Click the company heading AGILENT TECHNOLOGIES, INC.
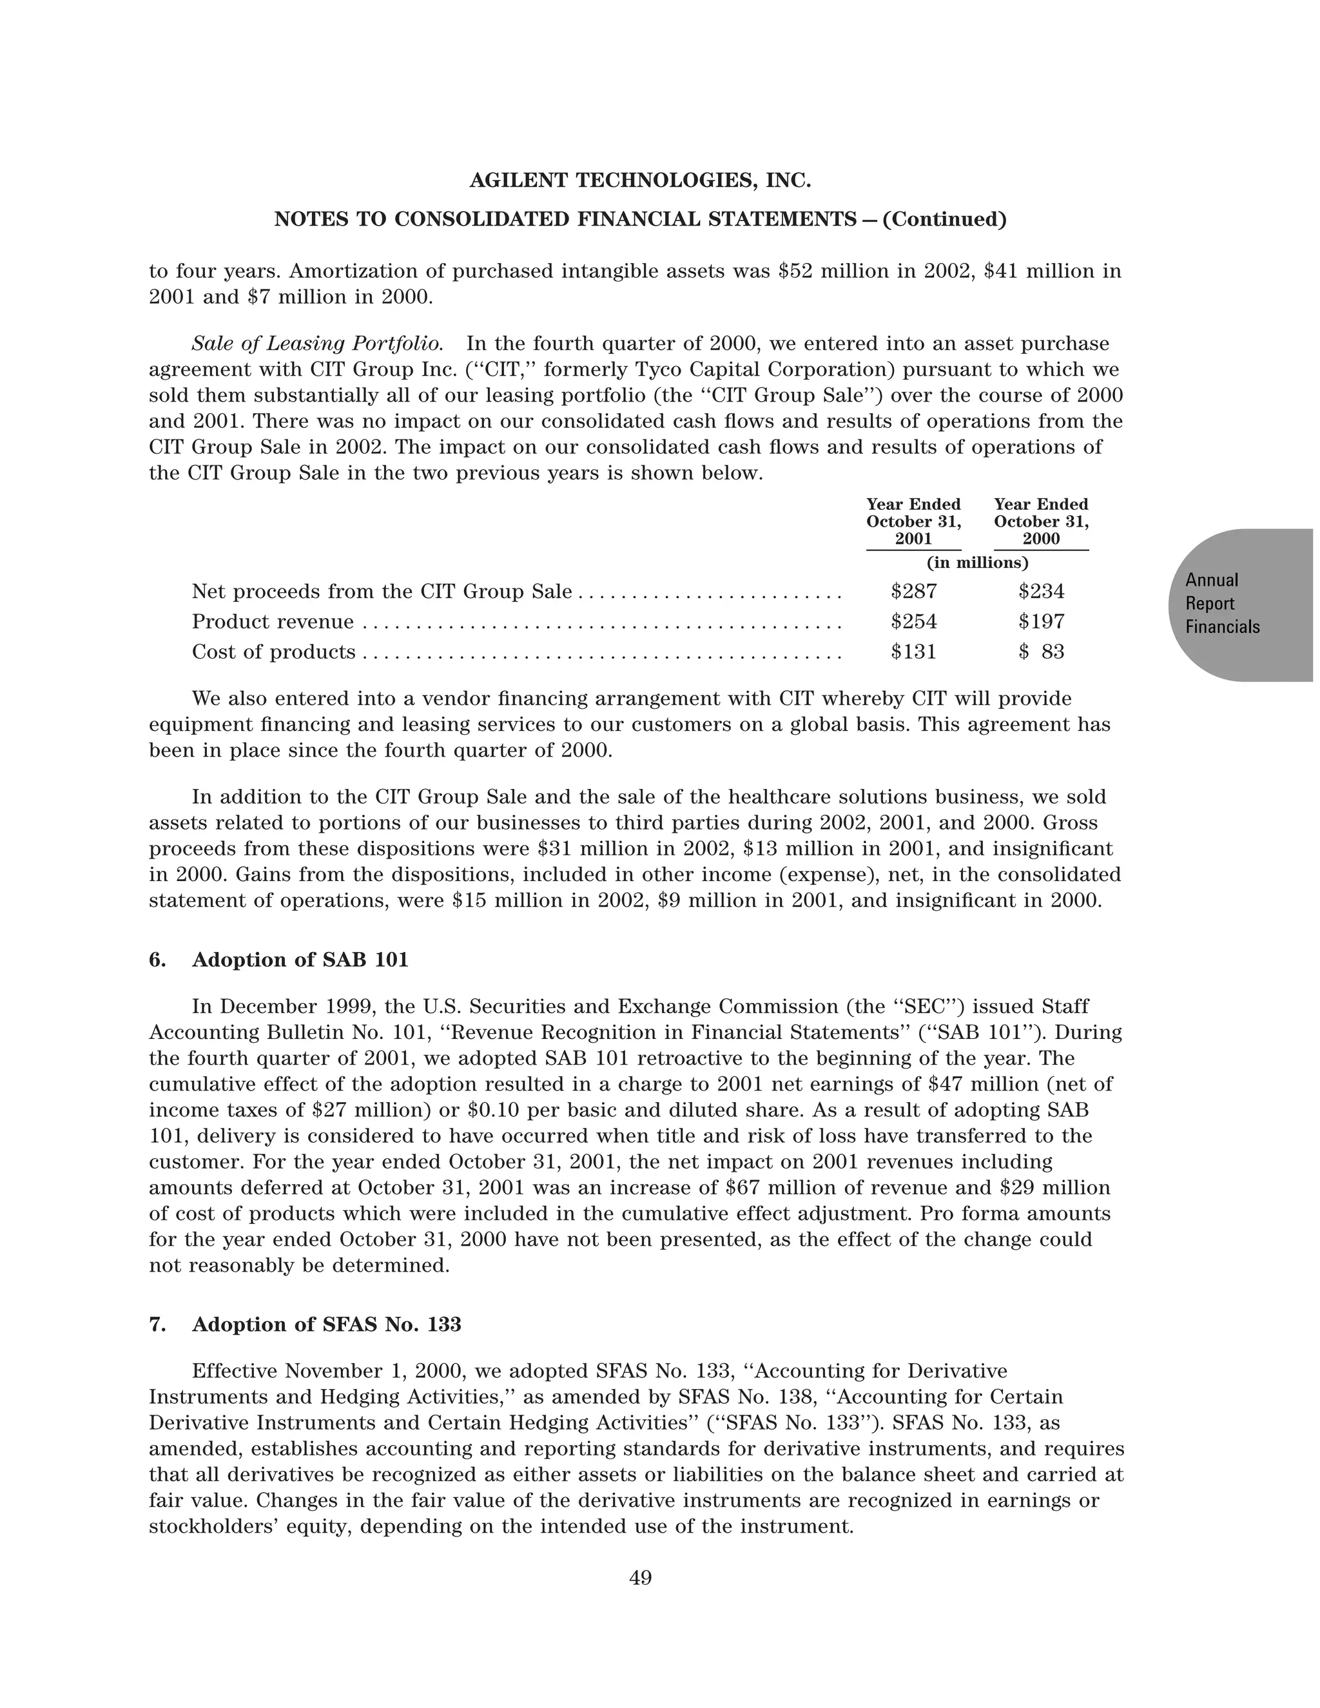(x=639, y=180)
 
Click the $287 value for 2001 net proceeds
(x=913, y=591)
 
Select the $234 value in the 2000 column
(x=1041, y=591)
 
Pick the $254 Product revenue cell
(x=913, y=622)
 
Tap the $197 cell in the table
(x=1041, y=622)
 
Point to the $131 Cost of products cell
(x=913, y=652)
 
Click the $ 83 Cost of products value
(x=1041, y=652)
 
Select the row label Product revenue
(x=272, y=622)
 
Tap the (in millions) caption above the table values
(x=976, y=562)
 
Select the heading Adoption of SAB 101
(x=300, y=960)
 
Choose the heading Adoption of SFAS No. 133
(x=326, y=1324)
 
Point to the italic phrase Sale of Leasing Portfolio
(x=318, y=344)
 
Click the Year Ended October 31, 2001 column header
(x=913, y=521)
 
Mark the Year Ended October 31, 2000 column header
(x=1041, y=521)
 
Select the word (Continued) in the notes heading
(x=944, y=220)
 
